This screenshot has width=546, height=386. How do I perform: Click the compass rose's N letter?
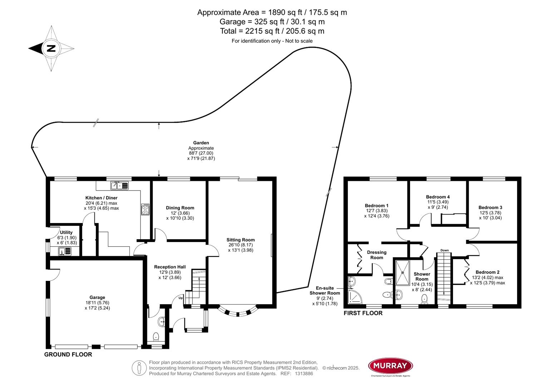point(51,48)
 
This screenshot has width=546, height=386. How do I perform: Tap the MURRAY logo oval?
point(390,366)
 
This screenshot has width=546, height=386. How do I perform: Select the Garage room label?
point(97,297)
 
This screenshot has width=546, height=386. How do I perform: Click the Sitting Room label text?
point(240,240)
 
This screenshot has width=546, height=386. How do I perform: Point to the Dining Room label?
point(180,208)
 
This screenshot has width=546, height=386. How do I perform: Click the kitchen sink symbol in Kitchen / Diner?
point(119,186)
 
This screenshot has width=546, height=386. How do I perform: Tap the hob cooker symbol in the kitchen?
point(146,209)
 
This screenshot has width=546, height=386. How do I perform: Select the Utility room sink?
point(65,252)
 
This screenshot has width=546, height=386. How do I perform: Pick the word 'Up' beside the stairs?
point(181,298)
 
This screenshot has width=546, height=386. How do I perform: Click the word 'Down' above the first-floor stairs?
point(444,250)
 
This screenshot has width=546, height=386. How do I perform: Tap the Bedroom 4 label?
point(438,197)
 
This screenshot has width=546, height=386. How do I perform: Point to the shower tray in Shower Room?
point(403,273)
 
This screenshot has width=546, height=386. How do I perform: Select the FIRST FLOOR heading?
point(363,313)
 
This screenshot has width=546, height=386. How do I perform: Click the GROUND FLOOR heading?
point(68,355)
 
